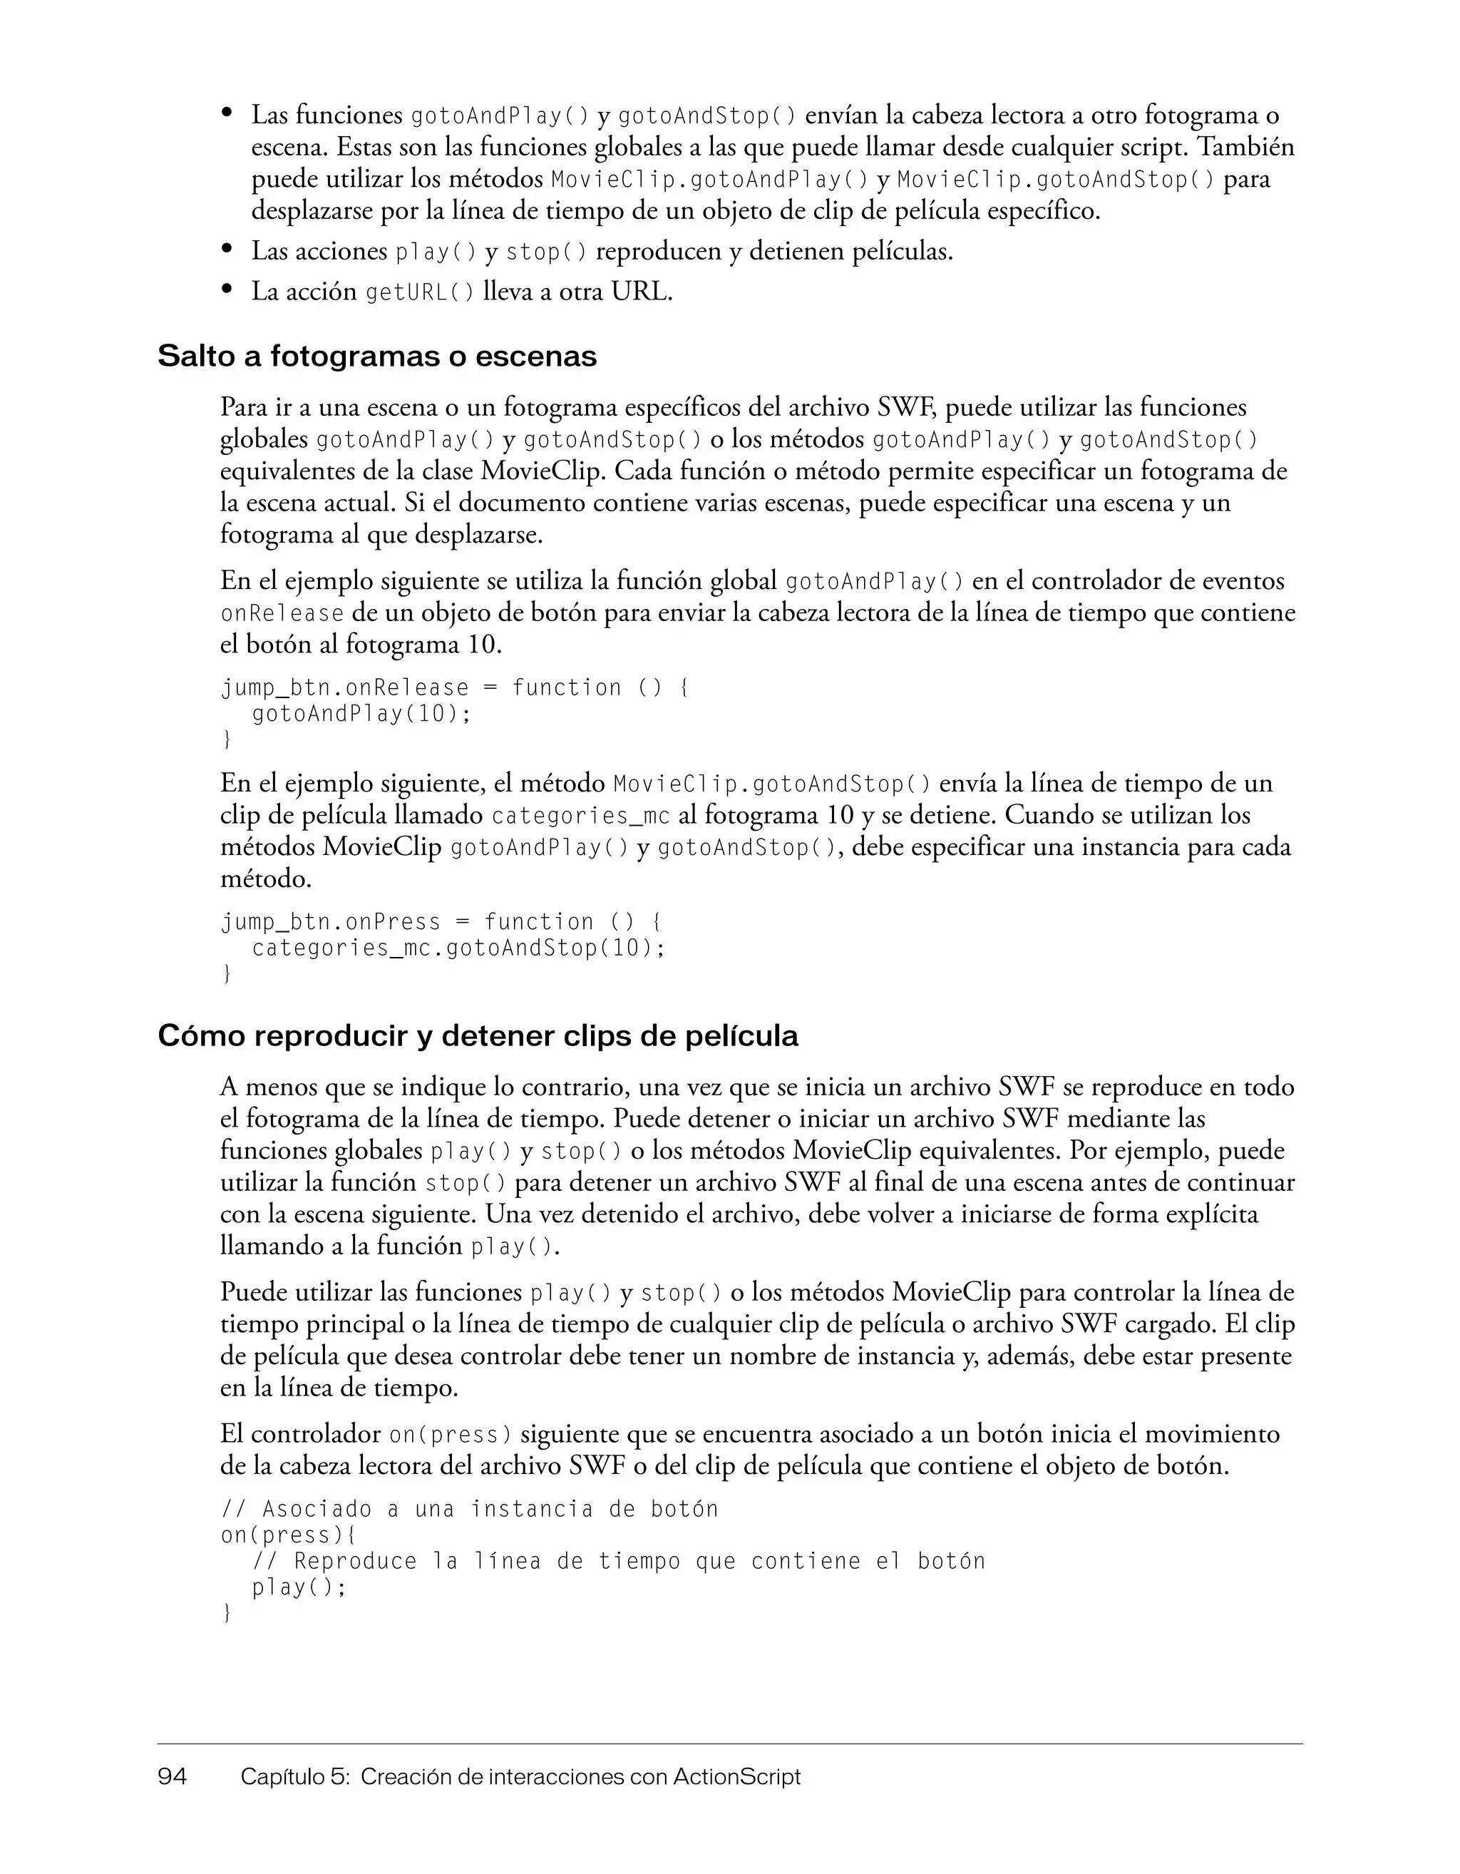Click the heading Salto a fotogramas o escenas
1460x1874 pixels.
tap(376, 356)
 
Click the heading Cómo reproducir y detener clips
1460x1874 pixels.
tap(478, 1037)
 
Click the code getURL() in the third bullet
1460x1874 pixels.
tap(419, 294)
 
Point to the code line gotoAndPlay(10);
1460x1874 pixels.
tap(361, 714)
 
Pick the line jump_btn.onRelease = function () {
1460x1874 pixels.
tap(454, 688)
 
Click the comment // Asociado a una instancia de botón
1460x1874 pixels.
tap(469, 1510)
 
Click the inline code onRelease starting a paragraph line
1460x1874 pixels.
tap(282, 615)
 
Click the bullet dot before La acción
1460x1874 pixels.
tap(227, 290)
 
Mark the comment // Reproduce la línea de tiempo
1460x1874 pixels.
tap(617, 1562)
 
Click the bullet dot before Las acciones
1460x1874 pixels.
tap(227, 249)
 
